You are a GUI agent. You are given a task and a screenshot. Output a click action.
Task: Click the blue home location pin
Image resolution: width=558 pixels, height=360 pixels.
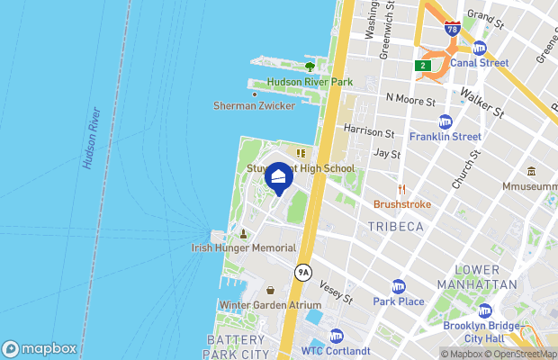coord(279,178)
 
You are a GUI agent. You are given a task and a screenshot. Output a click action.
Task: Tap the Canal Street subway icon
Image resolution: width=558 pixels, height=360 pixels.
coord(479,48)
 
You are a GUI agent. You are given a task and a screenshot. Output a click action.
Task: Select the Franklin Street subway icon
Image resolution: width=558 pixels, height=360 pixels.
coord(445,121)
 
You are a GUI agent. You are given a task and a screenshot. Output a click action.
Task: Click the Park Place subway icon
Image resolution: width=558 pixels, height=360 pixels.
coord(399,285)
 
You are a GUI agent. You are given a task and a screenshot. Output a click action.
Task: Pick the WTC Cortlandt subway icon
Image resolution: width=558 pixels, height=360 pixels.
coord(336,336)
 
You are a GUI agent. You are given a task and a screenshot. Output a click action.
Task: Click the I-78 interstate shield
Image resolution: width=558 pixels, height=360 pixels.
coord(452,29)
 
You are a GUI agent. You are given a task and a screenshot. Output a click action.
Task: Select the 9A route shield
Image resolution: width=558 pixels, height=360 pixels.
coord(304,271)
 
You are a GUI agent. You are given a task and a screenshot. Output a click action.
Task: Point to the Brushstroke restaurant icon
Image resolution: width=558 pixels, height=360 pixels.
coord(402,189)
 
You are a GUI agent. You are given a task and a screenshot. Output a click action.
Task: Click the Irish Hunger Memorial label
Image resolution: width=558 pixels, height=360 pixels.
coord(243,247)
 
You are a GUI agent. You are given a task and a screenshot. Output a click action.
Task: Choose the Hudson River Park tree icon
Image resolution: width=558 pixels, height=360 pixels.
coord(310,66)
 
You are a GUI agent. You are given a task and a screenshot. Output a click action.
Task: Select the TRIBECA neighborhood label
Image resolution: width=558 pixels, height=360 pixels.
coord(395,227)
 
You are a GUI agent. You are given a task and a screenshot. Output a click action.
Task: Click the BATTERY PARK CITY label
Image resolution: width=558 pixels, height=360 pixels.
coord(237,346)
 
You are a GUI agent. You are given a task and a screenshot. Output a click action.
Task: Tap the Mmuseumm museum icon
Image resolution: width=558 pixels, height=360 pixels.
coord(532,171)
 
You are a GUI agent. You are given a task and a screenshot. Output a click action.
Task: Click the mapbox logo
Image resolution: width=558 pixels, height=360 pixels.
coord(40,348)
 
